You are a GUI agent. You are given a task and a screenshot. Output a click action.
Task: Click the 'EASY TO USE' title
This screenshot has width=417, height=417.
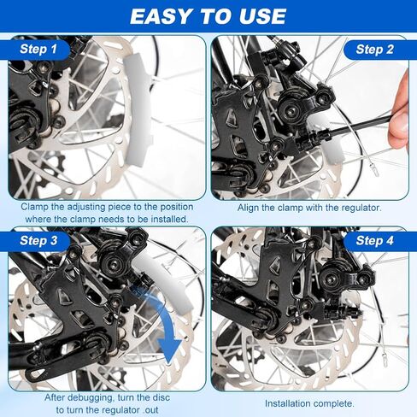coord(208,16)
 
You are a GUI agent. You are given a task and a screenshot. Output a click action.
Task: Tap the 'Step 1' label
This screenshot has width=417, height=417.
coord(38,49)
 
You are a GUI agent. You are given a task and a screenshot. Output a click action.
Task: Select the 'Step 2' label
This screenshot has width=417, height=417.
coord(374,50)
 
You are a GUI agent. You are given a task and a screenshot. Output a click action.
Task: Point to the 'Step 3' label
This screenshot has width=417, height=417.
coord(38,241)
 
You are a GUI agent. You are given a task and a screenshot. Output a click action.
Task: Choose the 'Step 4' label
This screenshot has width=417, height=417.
coord(374,241)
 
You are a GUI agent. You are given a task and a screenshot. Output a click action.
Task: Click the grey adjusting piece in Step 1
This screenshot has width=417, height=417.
coord(138,109)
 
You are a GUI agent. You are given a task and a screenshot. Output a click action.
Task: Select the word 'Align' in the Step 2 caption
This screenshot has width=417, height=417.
coord(248,208)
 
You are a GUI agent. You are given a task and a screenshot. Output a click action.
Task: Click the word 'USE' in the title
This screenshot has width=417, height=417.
coord(262,16)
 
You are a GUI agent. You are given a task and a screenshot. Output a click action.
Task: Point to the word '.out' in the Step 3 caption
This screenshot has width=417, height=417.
coord(150,410)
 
